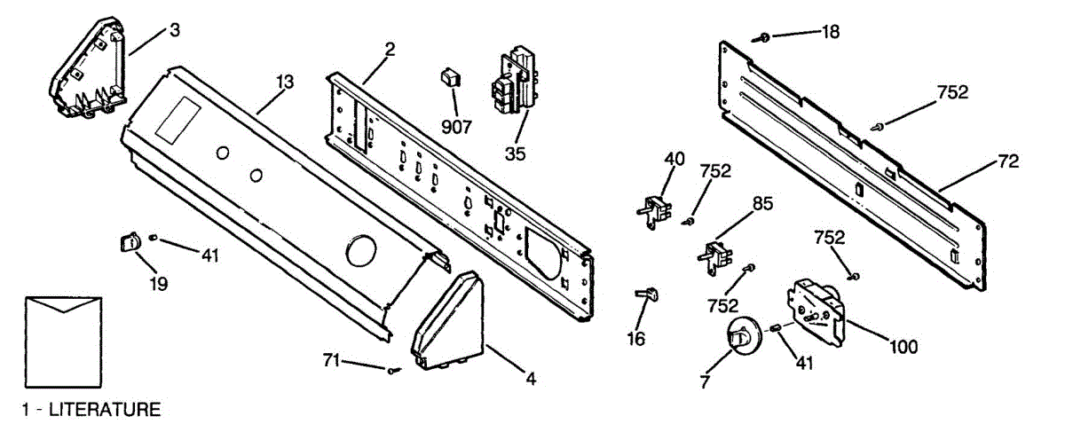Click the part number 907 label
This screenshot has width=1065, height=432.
click(456, 126)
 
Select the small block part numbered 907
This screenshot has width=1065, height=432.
click(451, 77)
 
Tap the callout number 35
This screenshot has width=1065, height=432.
click(516, 153)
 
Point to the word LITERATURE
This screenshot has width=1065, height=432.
click(104, 410)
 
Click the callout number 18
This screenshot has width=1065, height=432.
click(830, 32)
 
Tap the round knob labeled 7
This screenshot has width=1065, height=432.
click(738, 337)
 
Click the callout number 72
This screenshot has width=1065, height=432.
click(1008, 161)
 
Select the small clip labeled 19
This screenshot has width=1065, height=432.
click(130, 242)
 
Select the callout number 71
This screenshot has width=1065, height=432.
click(331, 359)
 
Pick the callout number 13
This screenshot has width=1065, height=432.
click(284, 82)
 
